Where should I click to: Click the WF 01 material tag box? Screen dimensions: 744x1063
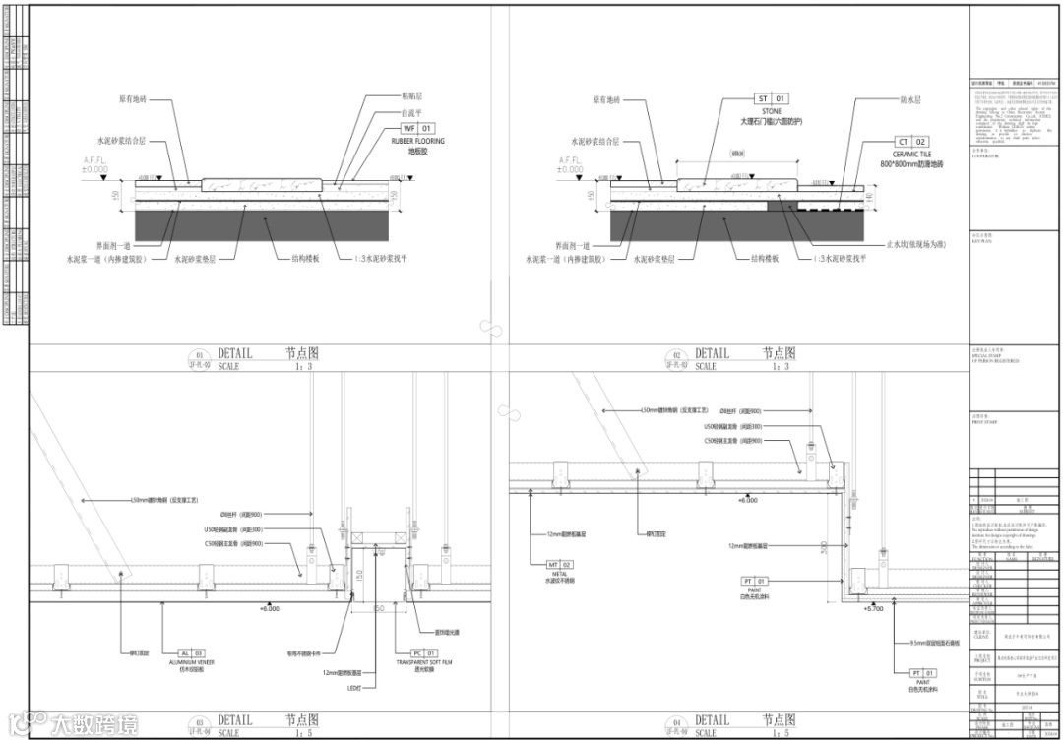point(417,129)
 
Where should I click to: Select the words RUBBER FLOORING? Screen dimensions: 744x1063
point(417,142)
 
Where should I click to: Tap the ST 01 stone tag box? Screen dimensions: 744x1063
point(772,99)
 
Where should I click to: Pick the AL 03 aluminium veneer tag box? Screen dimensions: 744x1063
point(191,652)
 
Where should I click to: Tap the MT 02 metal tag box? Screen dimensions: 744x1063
point(559,564)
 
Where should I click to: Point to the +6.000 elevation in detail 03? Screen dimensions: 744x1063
point(269,609)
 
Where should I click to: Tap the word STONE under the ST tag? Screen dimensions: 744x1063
point(771,112)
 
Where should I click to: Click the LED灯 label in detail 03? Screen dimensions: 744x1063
point(355,687)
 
